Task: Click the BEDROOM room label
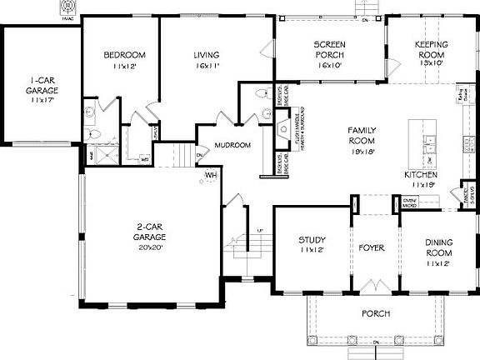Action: pyautogui.click(x=125, y=55)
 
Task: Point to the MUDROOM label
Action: pyautogui.click(x=232, y=145)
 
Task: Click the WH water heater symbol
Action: pyautogui.click(x=212, y=175)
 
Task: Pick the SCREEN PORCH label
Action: pyautogui.click(x=330, y=49)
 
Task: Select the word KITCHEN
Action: pyautogui.click(x=420, y=175)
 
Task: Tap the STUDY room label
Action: pyautogui.click(x=312, y=240)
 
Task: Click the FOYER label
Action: pyautogui.click(x=372, y=248)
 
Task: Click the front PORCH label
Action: pyautogui.click(x=376, y=313)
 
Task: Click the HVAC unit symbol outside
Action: pyautogui.click(x=67, y=7)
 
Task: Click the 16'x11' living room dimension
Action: pyautogui.click(x=207, y=65)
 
